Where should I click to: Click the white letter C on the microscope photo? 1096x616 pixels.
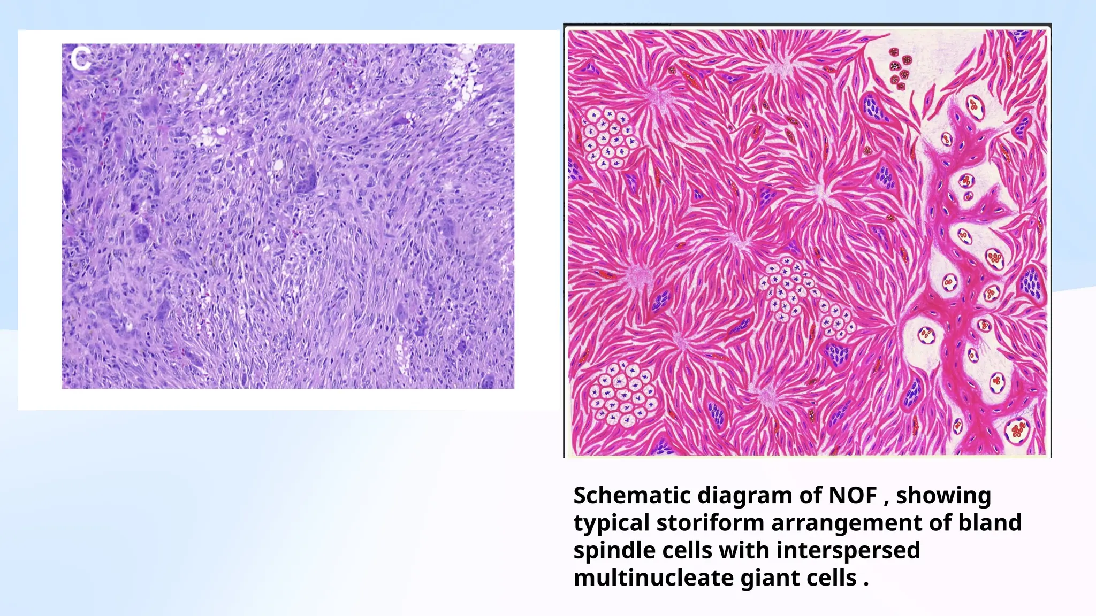click(80, 59)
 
